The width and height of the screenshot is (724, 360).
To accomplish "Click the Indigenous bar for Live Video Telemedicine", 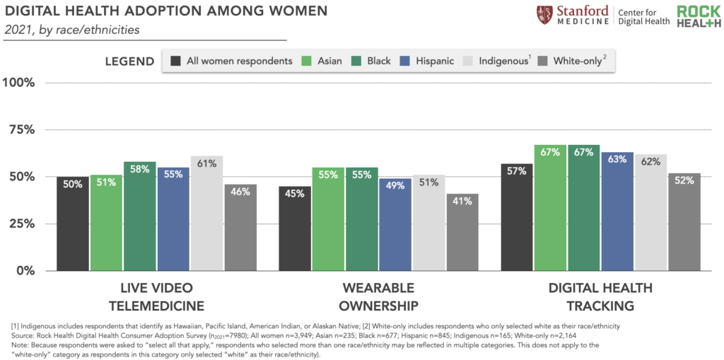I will coord(206,213).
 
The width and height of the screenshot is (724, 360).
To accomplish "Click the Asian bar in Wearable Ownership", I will coord(328,219).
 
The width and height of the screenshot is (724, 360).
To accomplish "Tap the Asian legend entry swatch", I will coord(307,61).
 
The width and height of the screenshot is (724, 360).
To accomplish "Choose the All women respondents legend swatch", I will coord(175,61).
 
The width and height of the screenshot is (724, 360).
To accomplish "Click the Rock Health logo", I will coord(699,16).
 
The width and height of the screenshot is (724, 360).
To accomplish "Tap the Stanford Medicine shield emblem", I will coord(543,15).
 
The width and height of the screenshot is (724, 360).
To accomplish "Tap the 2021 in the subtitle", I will coord(18,30).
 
